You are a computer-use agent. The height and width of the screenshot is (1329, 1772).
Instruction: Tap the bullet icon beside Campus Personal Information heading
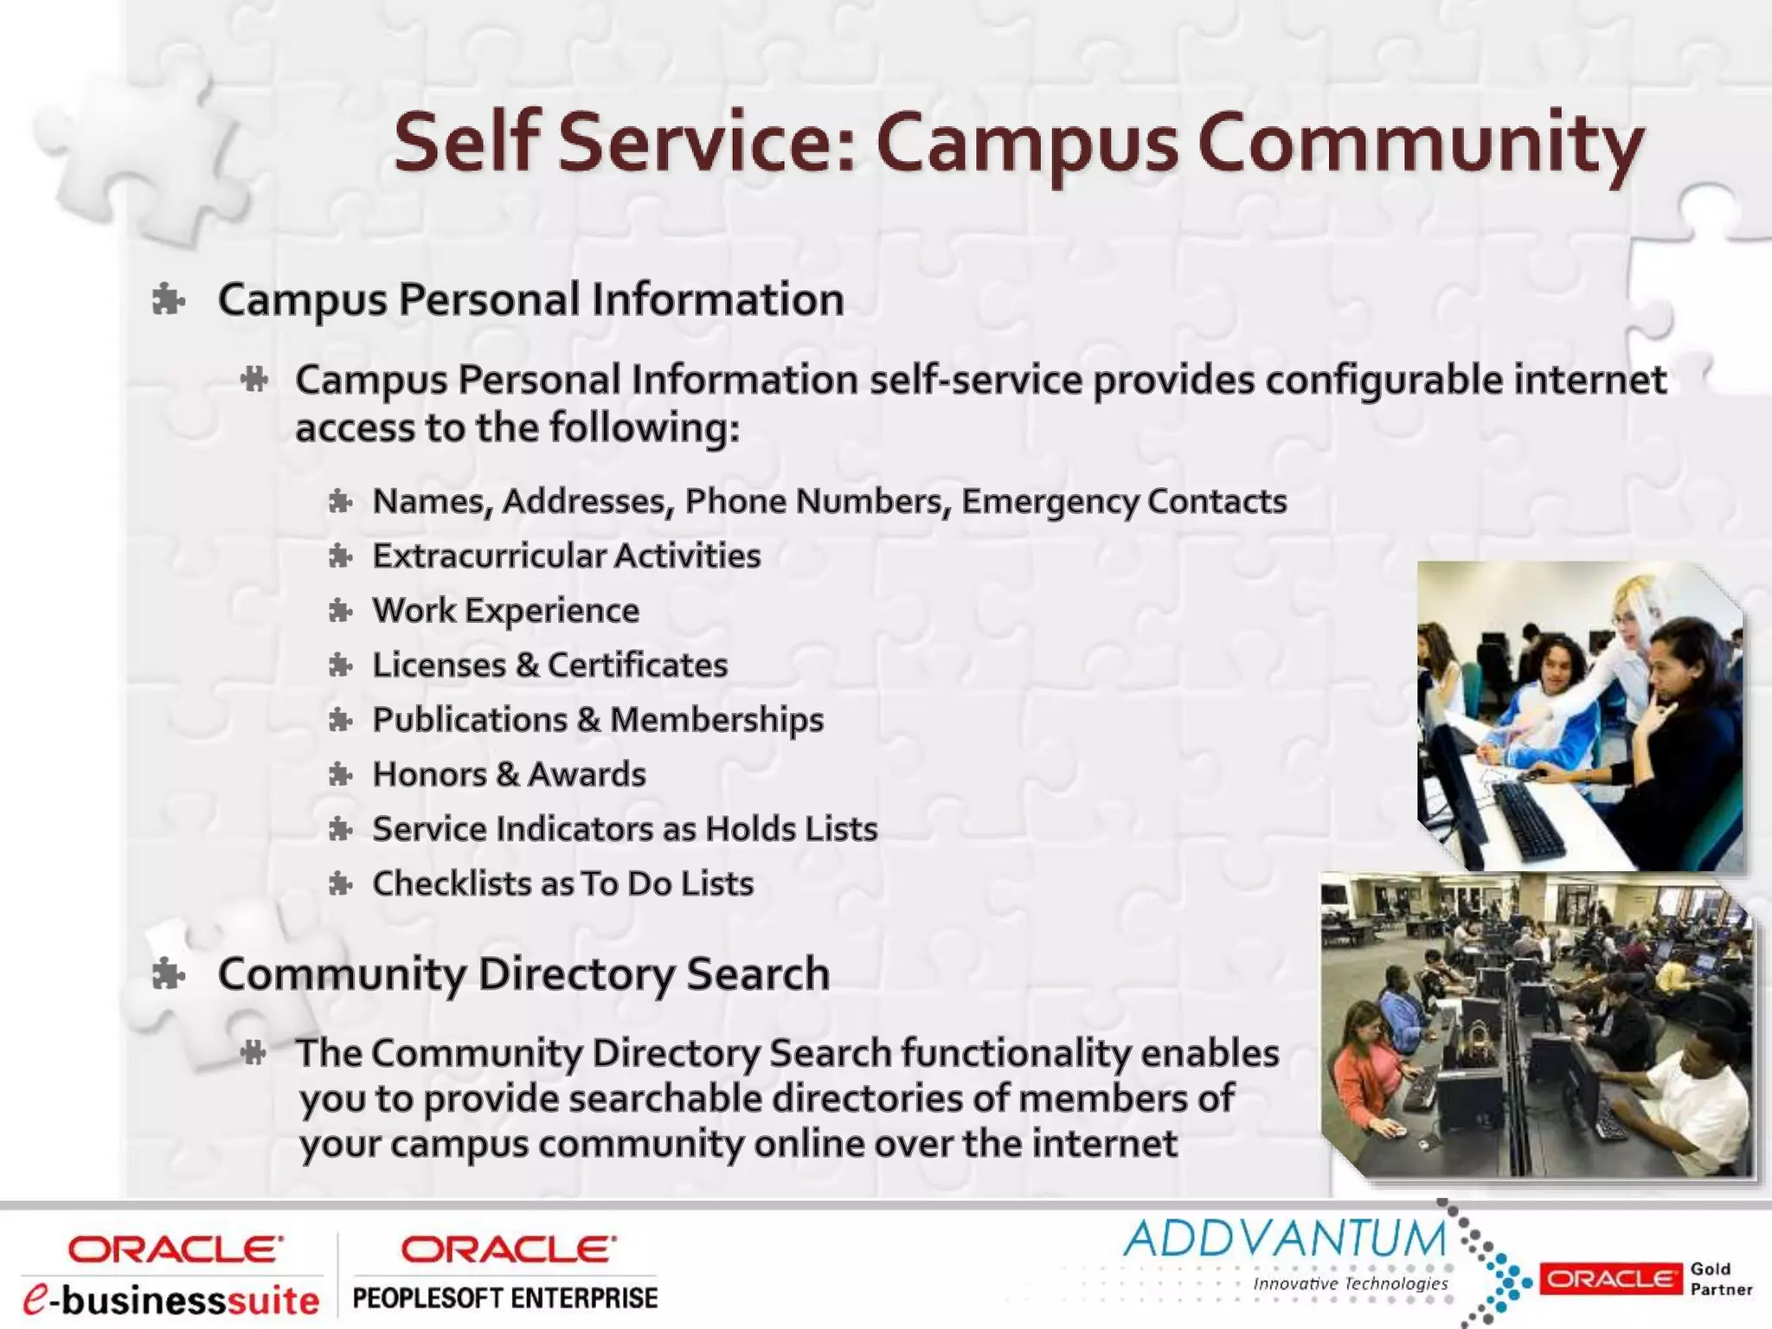point(168,300)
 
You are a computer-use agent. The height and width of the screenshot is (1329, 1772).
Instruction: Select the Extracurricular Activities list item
point(566,555)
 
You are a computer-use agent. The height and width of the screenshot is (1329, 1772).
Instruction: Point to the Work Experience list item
point(505,611)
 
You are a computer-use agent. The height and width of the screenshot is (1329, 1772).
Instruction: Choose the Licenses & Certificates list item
point(549,665)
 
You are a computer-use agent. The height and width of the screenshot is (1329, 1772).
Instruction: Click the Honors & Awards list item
point(509,774)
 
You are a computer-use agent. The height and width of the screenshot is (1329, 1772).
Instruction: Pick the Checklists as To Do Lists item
point(562,883)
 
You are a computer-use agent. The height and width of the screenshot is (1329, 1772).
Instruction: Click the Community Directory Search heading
point(523,973)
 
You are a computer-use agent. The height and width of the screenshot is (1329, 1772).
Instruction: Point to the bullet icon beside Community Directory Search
point(168,975)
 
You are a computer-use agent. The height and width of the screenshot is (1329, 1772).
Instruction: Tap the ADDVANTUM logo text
point(1285,1239)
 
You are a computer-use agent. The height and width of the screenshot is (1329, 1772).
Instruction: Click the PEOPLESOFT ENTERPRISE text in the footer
point(505,1299)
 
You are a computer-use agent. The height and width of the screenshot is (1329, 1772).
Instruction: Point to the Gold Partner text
point(1720,1279)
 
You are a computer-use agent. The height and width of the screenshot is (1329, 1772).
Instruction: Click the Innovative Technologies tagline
point(1350,1284)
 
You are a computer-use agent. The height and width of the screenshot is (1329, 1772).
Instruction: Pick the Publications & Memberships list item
point(597,720)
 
